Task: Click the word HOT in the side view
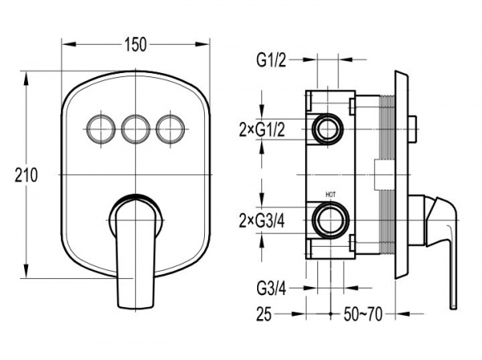(330, 194)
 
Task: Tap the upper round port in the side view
(329, 129)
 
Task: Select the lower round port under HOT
(330, 219)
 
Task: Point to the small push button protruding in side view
(412, 122)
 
